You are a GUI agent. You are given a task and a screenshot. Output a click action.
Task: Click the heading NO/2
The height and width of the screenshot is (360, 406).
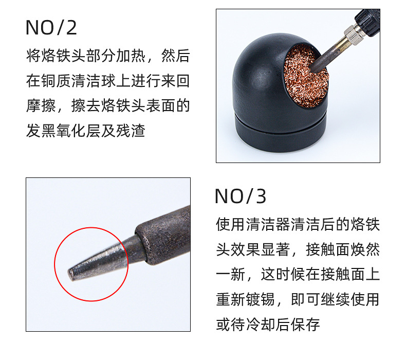click(x=51, y=27)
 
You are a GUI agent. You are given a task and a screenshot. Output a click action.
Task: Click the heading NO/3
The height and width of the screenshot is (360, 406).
click(x=241, y=196)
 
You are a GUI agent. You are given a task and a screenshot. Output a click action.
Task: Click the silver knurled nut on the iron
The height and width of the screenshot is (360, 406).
click(x=352, y=33)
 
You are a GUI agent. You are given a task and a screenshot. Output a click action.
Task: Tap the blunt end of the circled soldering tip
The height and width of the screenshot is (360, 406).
click(x=70, y=275)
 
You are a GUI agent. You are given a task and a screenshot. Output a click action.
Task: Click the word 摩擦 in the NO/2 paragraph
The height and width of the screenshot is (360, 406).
click(x=41, y=105)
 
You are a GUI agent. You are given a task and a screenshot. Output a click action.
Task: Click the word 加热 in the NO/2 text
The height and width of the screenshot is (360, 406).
click(x=131, y=56)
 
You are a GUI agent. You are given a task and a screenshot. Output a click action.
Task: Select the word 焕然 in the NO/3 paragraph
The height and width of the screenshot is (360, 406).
click(x=365, y=249)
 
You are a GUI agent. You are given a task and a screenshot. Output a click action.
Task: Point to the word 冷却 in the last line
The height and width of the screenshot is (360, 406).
click(x=260, y=324)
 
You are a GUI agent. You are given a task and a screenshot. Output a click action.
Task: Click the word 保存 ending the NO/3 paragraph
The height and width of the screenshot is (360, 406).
click(x=305, y=324)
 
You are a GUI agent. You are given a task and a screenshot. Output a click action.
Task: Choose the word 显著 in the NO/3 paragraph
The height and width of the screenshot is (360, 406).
click(x=275, y=249)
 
